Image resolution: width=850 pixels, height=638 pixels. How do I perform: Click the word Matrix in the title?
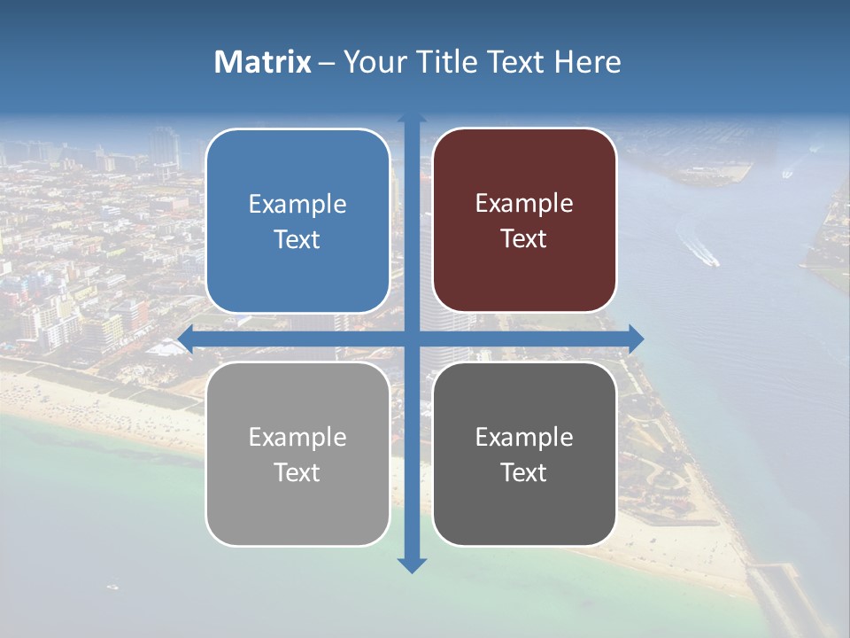263,62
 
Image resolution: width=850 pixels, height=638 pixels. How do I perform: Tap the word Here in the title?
587,62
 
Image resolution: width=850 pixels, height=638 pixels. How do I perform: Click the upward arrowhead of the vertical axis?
412,119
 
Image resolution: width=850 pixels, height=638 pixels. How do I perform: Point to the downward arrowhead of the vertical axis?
412,565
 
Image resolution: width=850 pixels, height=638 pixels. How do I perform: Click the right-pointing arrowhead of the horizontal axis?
636,338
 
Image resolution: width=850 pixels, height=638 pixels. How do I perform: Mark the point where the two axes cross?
412,338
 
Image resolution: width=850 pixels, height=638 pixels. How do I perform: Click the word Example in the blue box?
297,205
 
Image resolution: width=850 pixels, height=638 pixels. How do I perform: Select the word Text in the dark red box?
524,239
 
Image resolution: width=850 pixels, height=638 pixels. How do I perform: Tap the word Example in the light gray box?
297,438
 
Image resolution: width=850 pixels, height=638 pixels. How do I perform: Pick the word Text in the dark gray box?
524,472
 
